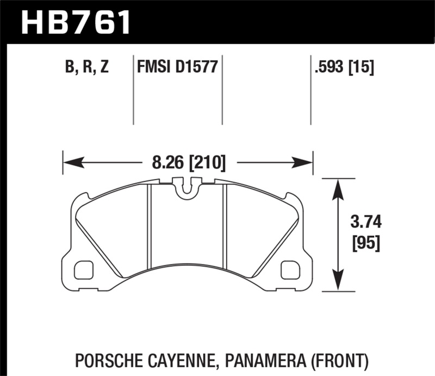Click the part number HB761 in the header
[x=76, y=22]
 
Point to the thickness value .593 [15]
[x=344, y=67]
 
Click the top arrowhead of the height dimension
[x=338, y=188]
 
